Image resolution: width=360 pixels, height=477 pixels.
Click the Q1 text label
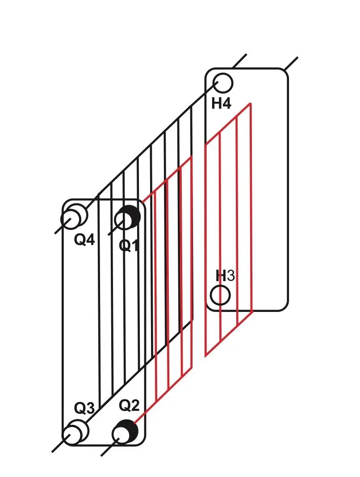point(129,245)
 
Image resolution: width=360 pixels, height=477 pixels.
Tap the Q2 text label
point(129,406)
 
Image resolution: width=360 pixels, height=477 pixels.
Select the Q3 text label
point(84,408)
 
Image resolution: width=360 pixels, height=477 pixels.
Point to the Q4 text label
point(84,240)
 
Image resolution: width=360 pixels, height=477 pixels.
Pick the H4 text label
point(222,104)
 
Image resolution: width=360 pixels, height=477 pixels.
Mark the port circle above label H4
point(223,83)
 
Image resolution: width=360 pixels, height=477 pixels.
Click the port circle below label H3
point(220,295)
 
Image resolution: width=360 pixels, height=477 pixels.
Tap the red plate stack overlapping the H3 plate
point(229,232)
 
